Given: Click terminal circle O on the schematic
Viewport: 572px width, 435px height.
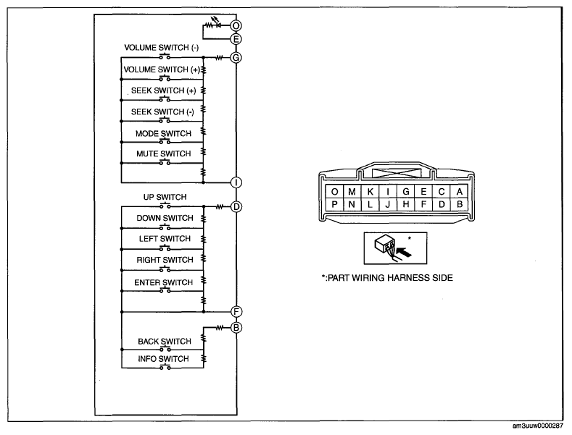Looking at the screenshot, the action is (236, 25).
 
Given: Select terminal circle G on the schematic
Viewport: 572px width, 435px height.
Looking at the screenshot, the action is (236, 58).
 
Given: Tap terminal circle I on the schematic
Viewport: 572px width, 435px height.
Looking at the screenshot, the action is (236, 182).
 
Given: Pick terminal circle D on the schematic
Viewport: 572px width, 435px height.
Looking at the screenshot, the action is (236, 207).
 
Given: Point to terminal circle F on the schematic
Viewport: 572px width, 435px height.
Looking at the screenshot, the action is (236, 312).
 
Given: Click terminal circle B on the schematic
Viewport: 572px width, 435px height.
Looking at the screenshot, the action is (236, 328).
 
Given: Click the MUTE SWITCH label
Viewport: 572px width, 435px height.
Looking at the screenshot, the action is (163, 153).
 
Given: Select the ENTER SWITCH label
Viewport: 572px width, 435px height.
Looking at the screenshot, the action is (163, 282).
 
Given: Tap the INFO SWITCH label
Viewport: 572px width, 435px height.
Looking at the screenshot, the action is (163, 359).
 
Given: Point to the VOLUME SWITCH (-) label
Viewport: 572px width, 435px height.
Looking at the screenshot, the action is (161, 48).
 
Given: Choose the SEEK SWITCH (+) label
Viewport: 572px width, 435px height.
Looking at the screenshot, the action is (163, 90).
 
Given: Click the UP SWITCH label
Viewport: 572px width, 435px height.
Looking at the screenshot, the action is (165, 197).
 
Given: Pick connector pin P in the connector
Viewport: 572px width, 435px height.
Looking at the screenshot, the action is (334, 204).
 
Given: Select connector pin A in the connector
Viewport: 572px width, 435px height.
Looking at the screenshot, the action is (460, 192).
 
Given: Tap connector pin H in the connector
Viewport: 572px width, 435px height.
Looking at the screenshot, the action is (406, 204).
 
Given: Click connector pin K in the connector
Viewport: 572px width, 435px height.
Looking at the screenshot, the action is (370, 192).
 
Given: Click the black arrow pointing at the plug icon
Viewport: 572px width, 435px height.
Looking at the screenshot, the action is (404, 251).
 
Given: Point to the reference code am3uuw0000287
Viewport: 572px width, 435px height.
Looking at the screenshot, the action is (538, 426).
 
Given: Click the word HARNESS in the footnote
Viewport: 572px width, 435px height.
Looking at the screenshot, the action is (408, 278).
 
